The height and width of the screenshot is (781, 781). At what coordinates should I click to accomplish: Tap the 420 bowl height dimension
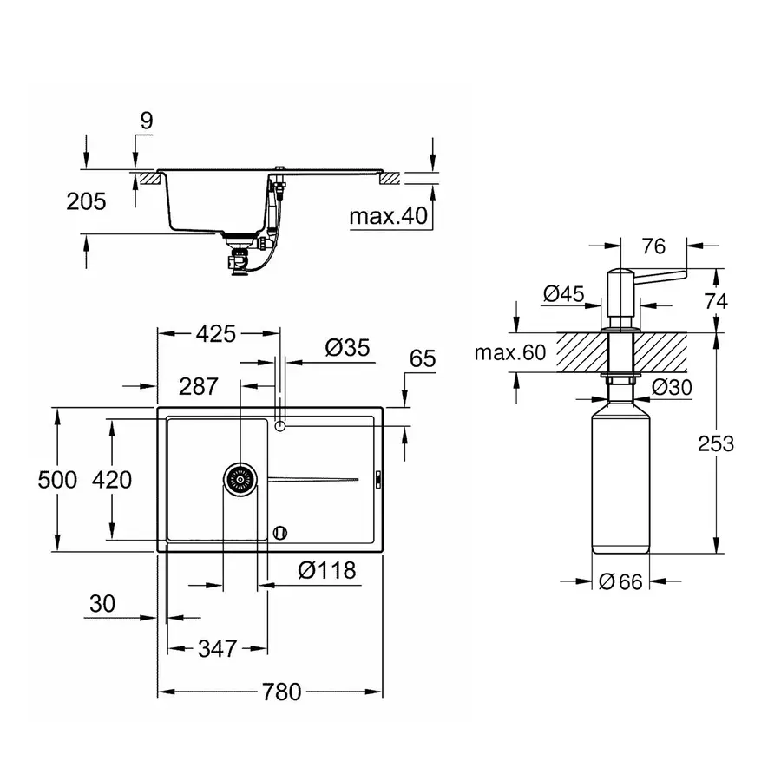point(113,478)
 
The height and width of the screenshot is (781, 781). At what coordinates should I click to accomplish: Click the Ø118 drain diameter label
point(326,570)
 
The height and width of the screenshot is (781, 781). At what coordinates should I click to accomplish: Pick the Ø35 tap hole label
point(347,348)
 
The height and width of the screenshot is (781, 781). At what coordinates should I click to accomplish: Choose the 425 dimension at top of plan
point(217,333)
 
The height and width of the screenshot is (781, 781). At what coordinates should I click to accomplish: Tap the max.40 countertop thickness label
point(389,216)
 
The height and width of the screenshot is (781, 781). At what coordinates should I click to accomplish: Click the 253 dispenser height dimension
point(716,443)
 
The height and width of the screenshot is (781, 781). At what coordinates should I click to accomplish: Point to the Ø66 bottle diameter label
point(620,582)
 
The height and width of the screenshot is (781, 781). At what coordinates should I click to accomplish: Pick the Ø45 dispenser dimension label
point(562,294)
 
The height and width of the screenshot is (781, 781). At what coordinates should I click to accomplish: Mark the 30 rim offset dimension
point(102,605)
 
